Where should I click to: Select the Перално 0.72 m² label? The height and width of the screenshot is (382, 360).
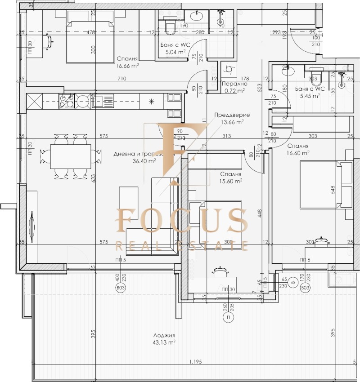click(234, 87)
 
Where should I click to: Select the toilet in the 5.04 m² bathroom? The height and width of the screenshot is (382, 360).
click(169, 27)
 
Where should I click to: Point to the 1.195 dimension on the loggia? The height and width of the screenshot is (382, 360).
click(195, 361)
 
